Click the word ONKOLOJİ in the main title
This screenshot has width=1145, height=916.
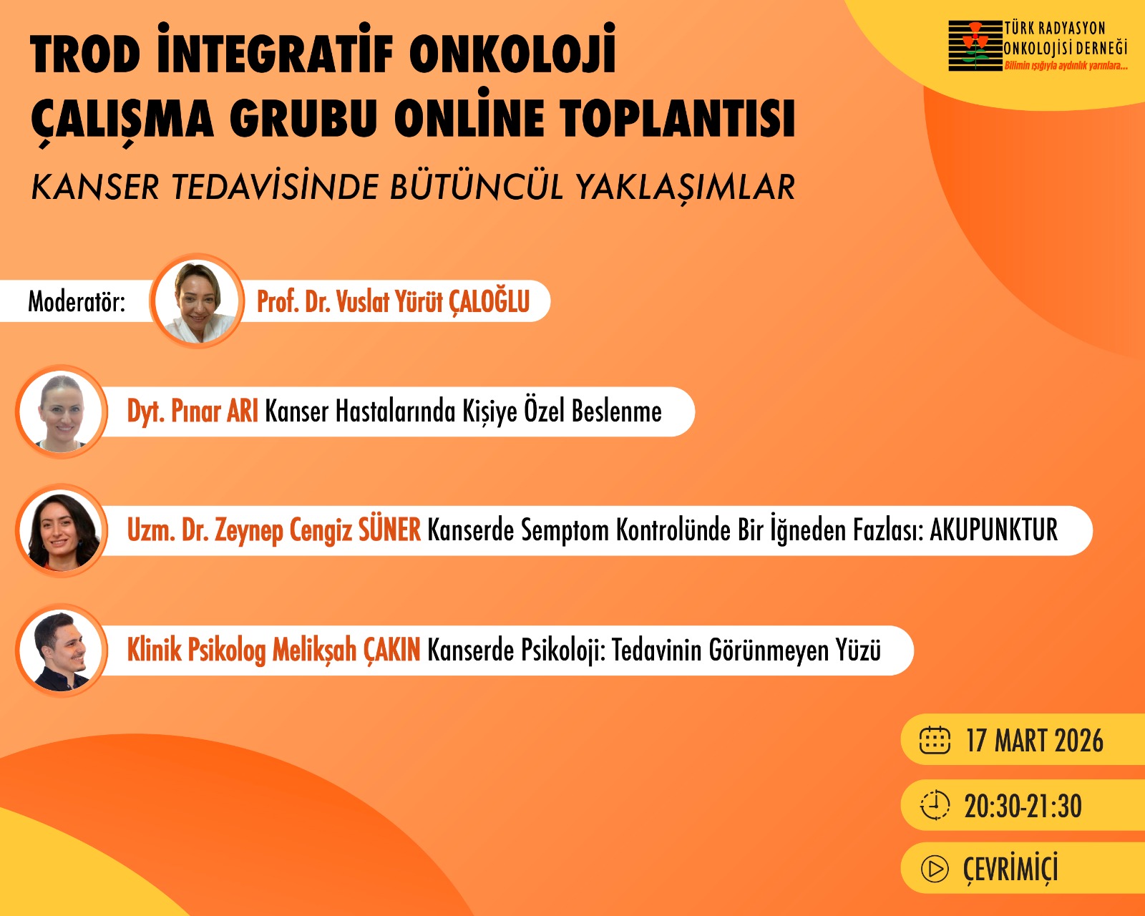click(512, 49)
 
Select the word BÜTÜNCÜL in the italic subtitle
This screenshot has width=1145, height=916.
click(477, 186)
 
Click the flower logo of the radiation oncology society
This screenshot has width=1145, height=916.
click(975, 45)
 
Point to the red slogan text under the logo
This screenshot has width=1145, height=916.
click(1066, 66)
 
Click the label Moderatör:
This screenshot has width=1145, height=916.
click(77, 301)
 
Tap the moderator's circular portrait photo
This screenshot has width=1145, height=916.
click(198, 301)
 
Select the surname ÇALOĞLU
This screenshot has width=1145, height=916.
click(489, 302)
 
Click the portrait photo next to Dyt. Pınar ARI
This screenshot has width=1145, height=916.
click(62, 412)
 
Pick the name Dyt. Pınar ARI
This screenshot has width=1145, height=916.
click(193, 412)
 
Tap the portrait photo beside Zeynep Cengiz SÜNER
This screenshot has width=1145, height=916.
click(62, 531)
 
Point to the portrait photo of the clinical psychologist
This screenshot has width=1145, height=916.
click(62, 651)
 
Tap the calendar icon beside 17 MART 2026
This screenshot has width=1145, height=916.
click(935, 741)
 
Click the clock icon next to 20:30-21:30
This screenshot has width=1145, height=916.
click(935, 805)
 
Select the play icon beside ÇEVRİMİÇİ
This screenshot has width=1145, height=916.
click(935, 869)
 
